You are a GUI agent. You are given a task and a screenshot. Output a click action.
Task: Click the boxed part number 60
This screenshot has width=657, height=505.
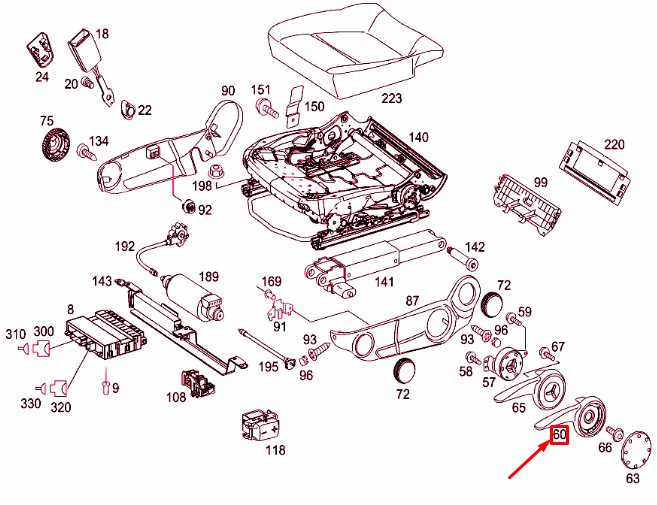(x=559, y=435)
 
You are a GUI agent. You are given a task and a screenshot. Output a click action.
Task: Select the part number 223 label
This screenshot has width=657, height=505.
(x=391, y=99)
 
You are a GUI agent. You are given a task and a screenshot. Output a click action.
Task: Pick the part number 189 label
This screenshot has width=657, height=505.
(x=209, y=277)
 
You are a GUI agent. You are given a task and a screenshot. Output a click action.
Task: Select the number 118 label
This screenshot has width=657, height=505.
(x=275, y=449)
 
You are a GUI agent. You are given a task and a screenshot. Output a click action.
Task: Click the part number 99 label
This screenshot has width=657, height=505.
(x=541, y=182)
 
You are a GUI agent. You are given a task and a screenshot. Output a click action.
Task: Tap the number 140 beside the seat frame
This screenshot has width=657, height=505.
(x=417, y=137)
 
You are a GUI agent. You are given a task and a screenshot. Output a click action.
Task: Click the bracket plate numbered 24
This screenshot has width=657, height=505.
(x=41, y=47)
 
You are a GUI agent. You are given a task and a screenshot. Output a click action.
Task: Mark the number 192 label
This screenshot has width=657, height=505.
(x=124, y=246)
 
